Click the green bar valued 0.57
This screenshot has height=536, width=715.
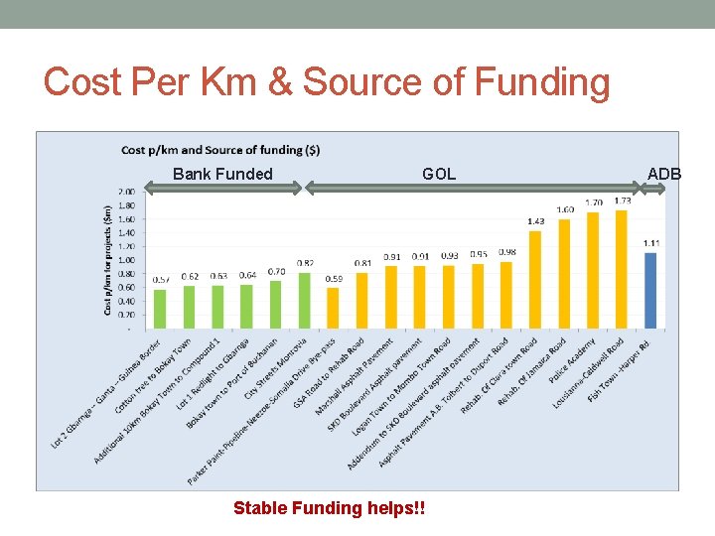161,309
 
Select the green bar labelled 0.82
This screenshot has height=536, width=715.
305,300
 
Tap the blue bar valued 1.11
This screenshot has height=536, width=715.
650,290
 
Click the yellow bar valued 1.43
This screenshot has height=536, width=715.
535,279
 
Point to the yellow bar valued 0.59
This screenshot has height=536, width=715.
334,308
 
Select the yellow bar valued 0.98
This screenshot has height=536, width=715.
506,295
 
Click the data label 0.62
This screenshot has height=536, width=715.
190,276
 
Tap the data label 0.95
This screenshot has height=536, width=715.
479,254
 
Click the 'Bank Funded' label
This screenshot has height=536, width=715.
222,175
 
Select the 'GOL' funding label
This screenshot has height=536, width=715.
439,175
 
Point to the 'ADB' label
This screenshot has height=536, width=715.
664,175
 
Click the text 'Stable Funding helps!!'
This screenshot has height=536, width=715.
329,508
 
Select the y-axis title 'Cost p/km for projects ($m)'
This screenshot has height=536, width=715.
107,260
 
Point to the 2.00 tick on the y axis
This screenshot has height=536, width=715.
127,192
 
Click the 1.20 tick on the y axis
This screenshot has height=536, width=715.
127,246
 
